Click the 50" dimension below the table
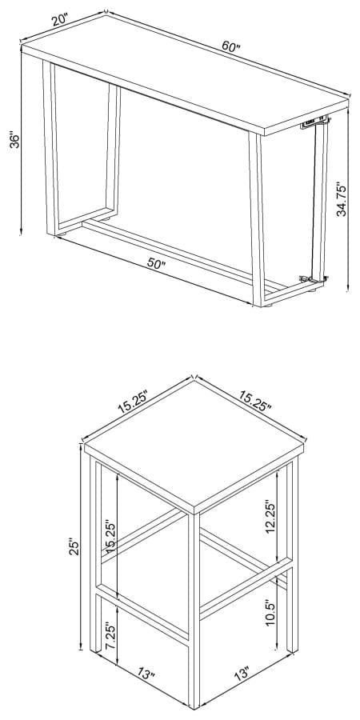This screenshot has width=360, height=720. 157,265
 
